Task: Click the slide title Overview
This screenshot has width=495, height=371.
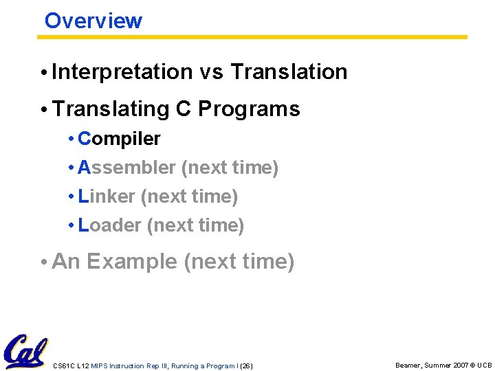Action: pos(93,21)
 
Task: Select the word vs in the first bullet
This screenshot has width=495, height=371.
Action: pos(211,71)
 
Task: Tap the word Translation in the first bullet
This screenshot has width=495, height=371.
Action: pos(289,71)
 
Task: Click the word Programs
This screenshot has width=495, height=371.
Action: pos(249,109)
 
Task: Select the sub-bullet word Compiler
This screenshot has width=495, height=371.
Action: pos(119,139)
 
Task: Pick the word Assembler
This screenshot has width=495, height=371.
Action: pos(127,168)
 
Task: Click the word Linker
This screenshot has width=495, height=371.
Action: pos(107,196)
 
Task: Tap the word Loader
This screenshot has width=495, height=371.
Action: pos(110,225)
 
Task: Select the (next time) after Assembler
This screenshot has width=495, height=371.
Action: pos(230,168)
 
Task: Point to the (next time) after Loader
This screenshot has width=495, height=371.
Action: pos(196,225)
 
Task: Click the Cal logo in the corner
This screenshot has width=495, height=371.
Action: pos(25,351)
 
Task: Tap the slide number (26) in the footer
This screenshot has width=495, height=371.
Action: pos(245,366)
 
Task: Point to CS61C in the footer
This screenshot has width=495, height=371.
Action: pos(64,366)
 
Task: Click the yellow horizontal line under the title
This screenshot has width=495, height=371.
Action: pos(254,37)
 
